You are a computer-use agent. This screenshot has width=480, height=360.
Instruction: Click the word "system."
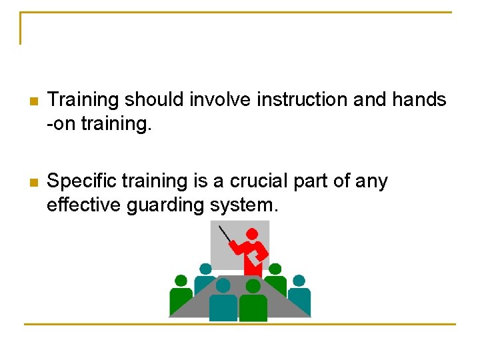click(244, 205)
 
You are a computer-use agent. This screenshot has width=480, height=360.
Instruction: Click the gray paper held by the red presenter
click(259, 255)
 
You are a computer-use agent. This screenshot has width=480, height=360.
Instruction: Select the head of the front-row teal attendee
click(223, 285)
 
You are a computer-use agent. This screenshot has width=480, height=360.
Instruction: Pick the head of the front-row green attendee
click(253, 286)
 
